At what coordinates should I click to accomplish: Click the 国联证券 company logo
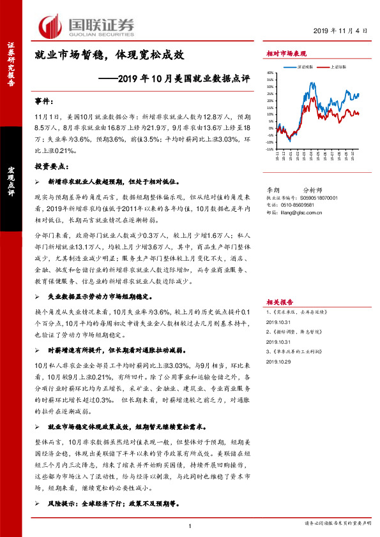point(86,26)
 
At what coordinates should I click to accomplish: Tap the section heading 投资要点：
point(52,165)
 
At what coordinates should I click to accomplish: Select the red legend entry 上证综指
point(339,66)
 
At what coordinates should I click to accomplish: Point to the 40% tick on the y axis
point(270,73)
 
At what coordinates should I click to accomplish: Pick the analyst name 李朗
point(273,189)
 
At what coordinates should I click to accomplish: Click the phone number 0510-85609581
point(299,205)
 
